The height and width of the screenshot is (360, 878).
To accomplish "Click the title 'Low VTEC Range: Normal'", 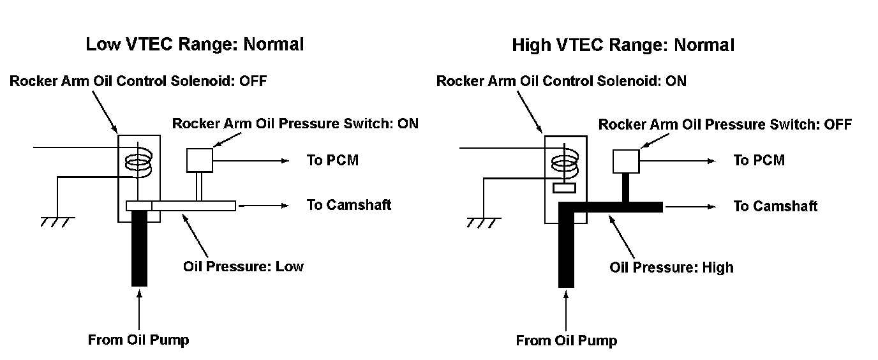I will [195, 45].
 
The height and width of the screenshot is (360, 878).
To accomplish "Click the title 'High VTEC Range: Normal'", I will [623, 45].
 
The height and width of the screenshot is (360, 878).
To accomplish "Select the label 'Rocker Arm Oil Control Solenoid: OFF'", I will [138, 81].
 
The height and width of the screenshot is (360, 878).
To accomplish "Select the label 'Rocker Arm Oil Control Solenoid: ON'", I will [561, 81].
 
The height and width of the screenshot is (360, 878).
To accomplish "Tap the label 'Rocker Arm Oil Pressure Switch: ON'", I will [295, 123].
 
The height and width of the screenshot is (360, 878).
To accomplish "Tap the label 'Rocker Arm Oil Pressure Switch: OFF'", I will [725, 124].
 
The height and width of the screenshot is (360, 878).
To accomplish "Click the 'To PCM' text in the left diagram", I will [332, 160].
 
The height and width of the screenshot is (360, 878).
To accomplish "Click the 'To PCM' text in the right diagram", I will [759, 160].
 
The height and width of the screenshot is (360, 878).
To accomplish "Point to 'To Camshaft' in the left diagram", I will [348, 205].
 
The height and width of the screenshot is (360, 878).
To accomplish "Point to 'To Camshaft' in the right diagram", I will [775, 206].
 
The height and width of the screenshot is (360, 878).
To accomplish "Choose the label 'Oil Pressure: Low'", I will [243, 266].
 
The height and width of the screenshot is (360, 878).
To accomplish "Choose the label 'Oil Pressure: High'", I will [671, 267].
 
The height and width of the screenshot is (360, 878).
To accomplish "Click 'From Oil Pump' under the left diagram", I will [138, 340].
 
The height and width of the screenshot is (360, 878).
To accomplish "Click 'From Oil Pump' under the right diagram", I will [567, 340].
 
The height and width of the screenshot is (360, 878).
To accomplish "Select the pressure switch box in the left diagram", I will [199, 160].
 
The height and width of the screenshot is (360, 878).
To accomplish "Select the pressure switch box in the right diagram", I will [625, 161].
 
